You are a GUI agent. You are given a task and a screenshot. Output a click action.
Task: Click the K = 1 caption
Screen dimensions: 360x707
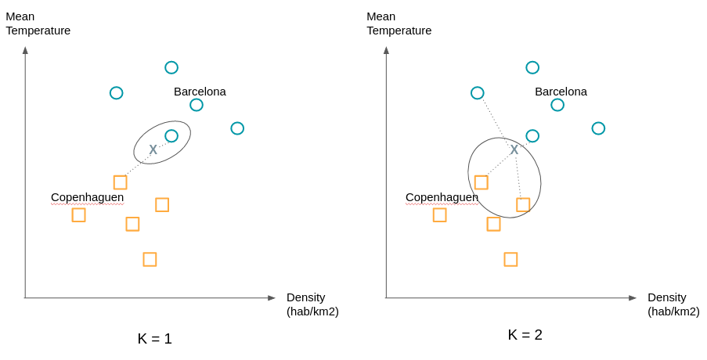[x=154, y=339]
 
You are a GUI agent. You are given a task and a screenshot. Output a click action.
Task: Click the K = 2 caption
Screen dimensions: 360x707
[x=525, y=335]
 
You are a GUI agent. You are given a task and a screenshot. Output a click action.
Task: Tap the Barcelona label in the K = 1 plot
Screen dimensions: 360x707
[x=200, y=92]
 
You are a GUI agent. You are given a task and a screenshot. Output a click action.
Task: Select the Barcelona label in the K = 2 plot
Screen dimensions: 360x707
[x=561, y=92]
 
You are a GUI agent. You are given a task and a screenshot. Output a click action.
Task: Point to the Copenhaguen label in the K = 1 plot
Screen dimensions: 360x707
[x=87, y=197]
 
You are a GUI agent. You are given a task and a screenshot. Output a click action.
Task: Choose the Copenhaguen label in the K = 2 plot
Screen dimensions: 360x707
[x=442, y=197]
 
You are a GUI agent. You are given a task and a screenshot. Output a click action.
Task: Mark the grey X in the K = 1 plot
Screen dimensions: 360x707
[x=153, y=149]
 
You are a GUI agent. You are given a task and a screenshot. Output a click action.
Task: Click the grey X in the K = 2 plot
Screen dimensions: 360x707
[x=514, y=149]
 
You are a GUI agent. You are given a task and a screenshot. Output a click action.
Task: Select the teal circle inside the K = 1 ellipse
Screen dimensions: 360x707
[x=171, y=136]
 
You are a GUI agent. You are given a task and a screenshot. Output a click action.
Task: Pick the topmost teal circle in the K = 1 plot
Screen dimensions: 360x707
[x=171, y=67]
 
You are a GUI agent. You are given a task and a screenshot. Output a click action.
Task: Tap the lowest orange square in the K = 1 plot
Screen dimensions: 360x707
[x=150, y=259]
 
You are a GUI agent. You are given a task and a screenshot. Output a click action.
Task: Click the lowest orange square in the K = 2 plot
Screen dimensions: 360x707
[x=510, y=259]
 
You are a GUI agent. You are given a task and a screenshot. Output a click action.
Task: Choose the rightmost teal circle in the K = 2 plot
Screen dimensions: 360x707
[x=598, y=128]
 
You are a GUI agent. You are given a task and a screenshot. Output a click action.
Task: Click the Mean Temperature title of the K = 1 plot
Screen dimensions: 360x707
[x=38, y=23]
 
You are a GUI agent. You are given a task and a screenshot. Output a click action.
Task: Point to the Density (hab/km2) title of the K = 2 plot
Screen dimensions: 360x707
[x=673, y=304]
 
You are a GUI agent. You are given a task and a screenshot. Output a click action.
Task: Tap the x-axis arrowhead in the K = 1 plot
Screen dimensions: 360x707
[x=272, y=298]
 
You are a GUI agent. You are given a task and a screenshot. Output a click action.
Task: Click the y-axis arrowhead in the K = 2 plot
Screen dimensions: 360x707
[x=386, y=50]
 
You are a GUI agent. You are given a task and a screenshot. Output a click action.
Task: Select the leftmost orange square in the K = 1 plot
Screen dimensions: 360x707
[x=78, y=214]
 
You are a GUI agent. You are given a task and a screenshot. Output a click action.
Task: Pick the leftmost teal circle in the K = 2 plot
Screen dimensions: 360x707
[x=477, y=93]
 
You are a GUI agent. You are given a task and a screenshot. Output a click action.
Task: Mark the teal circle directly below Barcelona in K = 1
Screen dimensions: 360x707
[x=197, y=105]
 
